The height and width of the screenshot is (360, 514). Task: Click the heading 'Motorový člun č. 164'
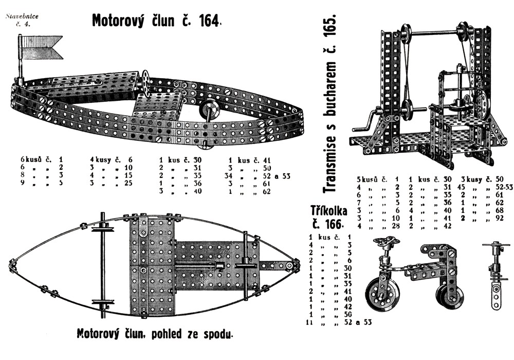(157, 21)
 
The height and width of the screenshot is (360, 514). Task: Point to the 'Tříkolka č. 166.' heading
(329, 217)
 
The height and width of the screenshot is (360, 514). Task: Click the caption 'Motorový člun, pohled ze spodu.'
(155, 333)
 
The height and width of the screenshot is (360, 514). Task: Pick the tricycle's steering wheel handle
(387, 242)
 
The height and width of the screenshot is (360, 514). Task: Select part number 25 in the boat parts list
(128, 183)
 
